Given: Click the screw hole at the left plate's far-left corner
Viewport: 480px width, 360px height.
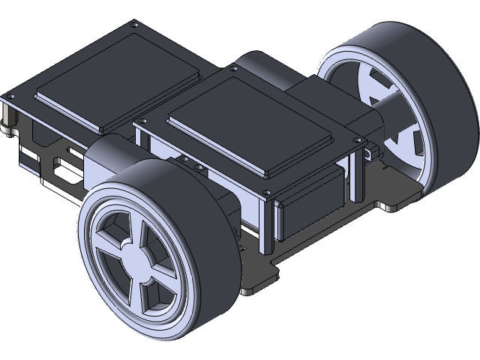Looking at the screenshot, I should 10,97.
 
